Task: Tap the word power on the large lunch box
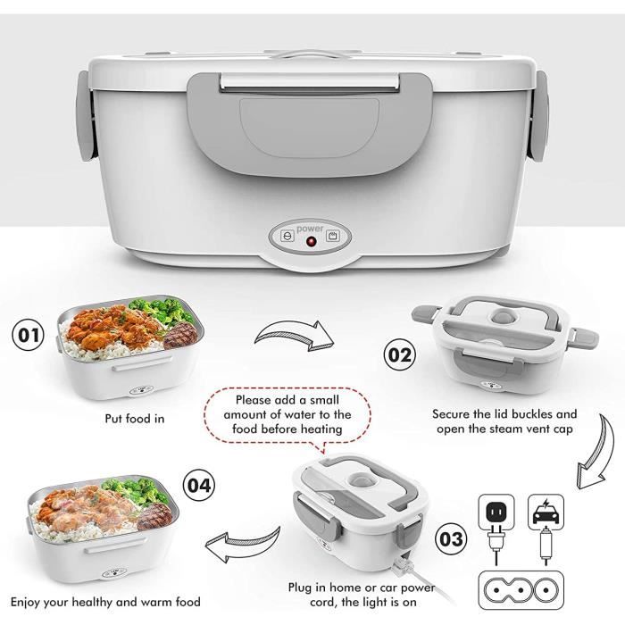pyautogui.click(x=312, y=228)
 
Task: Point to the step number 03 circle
pyautogui.click(x=451, y=538)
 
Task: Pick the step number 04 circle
pyautogui.click(x=198, y=486)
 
